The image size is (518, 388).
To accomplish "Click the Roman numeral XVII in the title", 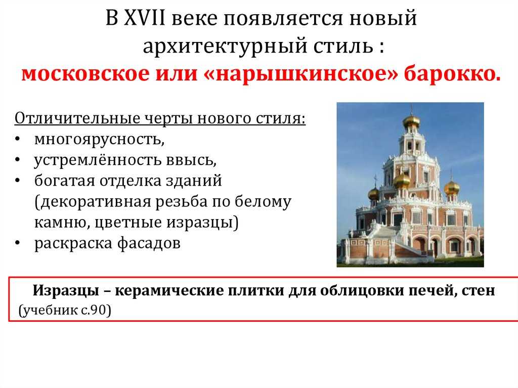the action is [x=144, y=18].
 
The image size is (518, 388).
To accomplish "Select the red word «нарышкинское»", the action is [x=301, y=73].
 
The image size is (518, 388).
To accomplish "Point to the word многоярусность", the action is [x=99, y=140].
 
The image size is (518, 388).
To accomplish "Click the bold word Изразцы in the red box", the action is [x=66, y=290].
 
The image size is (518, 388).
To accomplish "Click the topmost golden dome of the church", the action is [x=411, y=121].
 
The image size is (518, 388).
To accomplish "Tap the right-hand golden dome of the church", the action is [x=452, y=188].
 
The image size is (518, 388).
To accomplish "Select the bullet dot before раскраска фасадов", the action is [x=18, y=243].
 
